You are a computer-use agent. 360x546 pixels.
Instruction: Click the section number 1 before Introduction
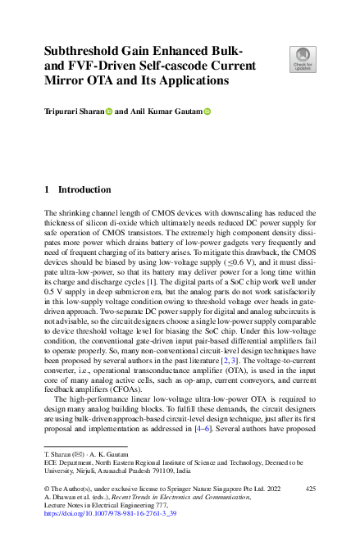coord(47,189)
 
